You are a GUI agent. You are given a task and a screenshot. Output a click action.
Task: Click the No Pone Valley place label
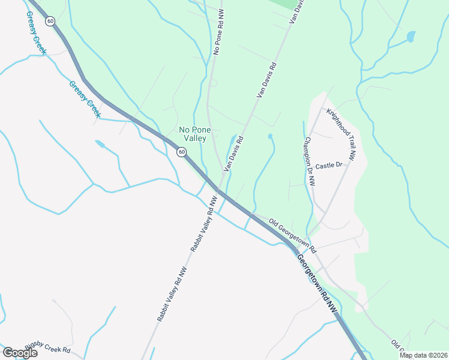(x=193, y=134)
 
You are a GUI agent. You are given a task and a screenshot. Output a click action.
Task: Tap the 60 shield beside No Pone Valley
(x=181, y=152)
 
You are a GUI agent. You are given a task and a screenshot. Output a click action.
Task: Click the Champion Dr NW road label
(x=309, y=161)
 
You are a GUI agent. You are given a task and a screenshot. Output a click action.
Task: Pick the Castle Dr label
(x=328, y=165)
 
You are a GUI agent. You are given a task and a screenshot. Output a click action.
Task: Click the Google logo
(x=20, y=353)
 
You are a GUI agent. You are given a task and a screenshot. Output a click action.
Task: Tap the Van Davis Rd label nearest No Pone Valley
(x=233, y=154)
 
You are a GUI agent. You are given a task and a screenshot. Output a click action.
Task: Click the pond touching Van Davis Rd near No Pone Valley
(x=231, y=142)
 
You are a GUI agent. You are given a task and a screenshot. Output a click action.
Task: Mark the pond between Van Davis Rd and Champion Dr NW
(x=270, y=137)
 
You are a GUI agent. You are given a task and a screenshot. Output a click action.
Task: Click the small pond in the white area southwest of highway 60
(x=100, y=144)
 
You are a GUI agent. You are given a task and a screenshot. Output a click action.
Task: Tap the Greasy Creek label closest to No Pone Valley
(x=85, y=98)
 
